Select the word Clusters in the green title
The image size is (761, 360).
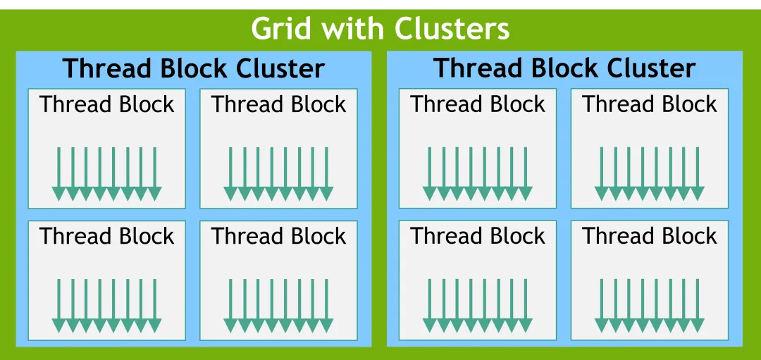452,29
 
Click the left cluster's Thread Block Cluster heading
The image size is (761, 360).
194,68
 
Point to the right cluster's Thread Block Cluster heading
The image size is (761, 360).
565,68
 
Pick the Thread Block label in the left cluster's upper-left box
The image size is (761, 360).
107,104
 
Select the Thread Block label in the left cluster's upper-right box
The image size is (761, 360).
278,104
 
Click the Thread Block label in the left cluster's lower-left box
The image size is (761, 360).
107,236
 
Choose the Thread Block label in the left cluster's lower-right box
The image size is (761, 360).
278,236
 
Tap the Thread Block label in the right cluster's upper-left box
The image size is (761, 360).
478,104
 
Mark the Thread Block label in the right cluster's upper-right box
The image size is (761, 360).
650,104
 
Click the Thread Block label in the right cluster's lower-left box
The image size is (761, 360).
478,236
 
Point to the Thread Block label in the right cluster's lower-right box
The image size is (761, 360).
650,236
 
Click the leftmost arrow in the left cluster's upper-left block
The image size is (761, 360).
58,174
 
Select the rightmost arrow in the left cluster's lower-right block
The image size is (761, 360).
327,306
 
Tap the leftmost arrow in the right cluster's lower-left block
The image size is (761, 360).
430,306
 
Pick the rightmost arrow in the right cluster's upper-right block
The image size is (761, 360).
698,174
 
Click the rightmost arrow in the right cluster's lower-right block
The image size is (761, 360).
698,306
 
